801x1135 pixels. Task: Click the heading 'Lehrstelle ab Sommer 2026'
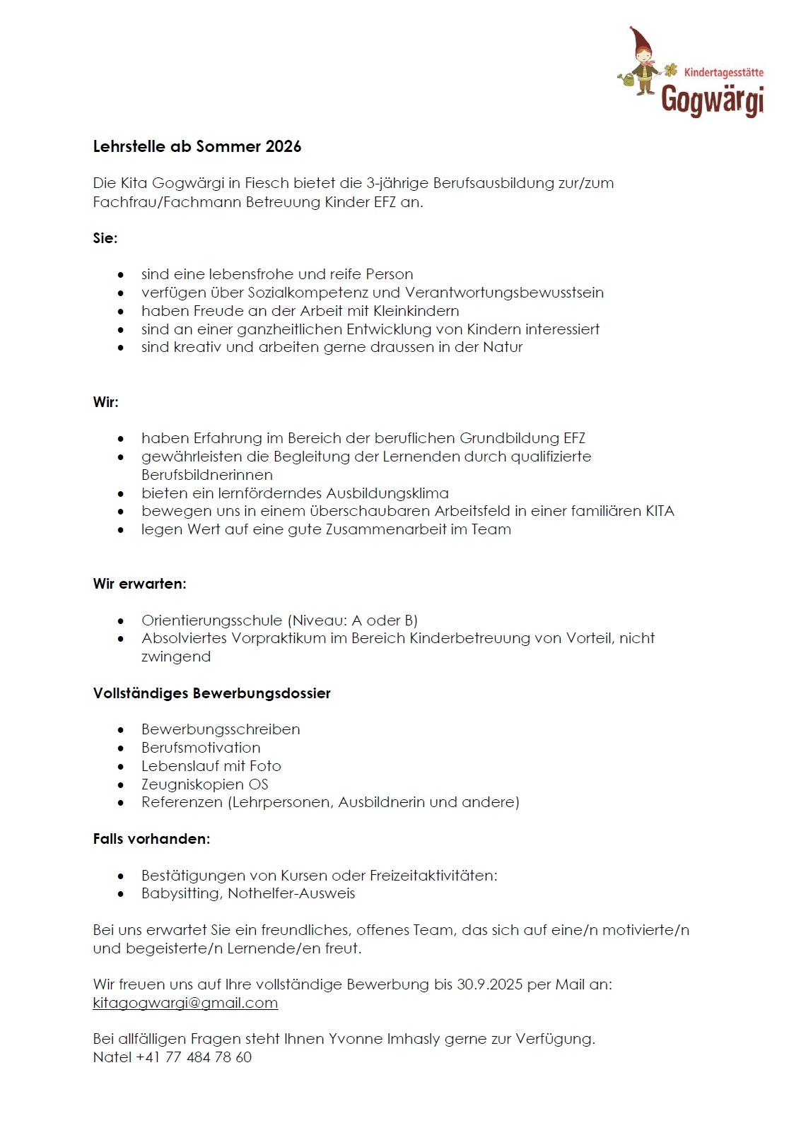pos(197,146)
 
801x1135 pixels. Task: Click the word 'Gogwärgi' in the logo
pos(712,100)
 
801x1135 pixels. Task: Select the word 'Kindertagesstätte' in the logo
pos(723,72)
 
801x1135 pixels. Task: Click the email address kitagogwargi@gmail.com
pos(185,1003)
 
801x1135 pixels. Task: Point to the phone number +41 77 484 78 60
pos(194,1057)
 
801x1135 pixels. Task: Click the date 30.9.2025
pos(489,984)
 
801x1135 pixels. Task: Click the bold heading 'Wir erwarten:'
pos(139,584)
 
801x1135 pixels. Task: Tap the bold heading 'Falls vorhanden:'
pos(151,839)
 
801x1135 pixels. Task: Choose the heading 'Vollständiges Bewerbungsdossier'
pos(211,693)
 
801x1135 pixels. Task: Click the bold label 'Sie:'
pos(105,238)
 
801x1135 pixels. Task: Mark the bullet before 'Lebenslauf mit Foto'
pos(121,767)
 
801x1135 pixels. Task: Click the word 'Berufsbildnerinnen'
pos(206,475)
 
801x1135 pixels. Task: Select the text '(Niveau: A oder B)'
pos(352,621)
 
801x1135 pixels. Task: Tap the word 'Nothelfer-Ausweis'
pos(291,893)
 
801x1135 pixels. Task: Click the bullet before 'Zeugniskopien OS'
pos(121,785)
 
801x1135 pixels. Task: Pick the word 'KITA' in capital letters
pos(660,511)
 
